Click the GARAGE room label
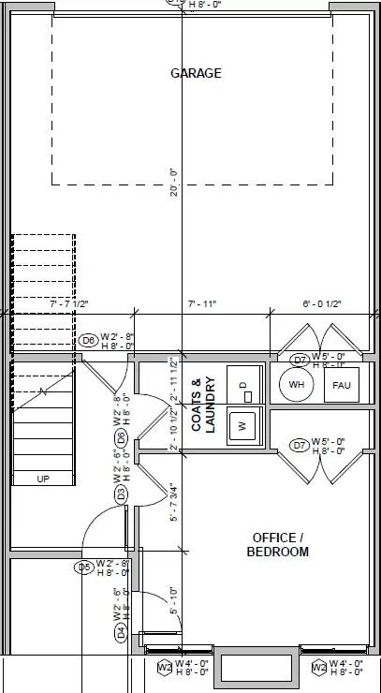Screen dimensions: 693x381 196,73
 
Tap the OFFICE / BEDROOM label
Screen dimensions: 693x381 278,544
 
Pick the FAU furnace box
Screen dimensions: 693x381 339,385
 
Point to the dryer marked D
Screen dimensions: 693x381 242,384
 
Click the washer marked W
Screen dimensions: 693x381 242,425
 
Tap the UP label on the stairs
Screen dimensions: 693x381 42,479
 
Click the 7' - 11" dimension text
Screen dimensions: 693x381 202,303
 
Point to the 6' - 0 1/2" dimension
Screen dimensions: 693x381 322,303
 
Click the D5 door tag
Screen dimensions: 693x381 84,567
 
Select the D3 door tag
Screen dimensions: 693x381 121,494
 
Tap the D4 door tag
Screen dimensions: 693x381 121,633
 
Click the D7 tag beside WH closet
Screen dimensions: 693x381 300,360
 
